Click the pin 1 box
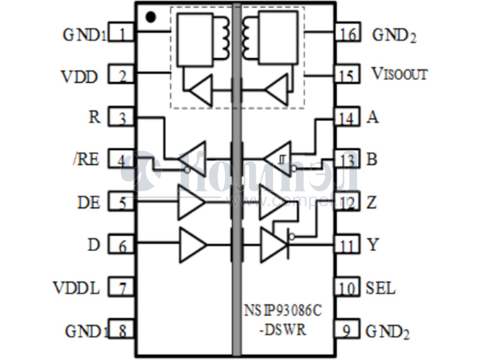coord(122,34)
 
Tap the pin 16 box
coord(347,33)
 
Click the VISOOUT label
coord(399,74)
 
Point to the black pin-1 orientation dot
coord(151,17)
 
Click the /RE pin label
coord(85,160)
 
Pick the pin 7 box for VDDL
coord(122,289)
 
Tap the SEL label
coord(380,288)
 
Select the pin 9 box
coord(347,331)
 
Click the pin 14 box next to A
coord(347,118)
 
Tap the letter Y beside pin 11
coord(373,245)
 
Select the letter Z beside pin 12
coord(372,202)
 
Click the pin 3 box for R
coord(122,118)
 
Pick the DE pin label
coord(88,202)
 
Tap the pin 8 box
coord(122,331)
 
